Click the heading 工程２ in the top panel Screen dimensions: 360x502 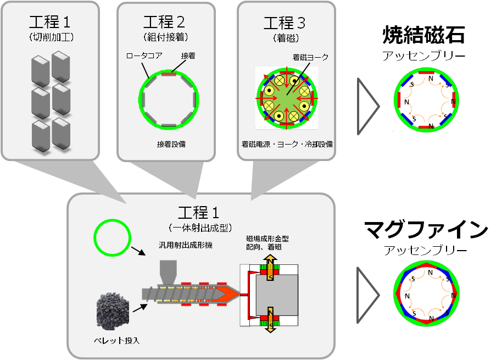click(x=164, y=23)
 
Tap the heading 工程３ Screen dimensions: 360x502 click(x=284, y=24)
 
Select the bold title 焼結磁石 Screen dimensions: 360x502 click(x=423, y=36)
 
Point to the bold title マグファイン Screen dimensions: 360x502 click(x=426, y=230)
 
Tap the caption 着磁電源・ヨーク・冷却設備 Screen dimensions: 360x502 click(x=287, y=145)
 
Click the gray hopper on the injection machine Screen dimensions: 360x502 click(x=168, y=272)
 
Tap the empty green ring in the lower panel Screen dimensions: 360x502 click(x=112, y=237)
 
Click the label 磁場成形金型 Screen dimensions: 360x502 click(x=267, y=239)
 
